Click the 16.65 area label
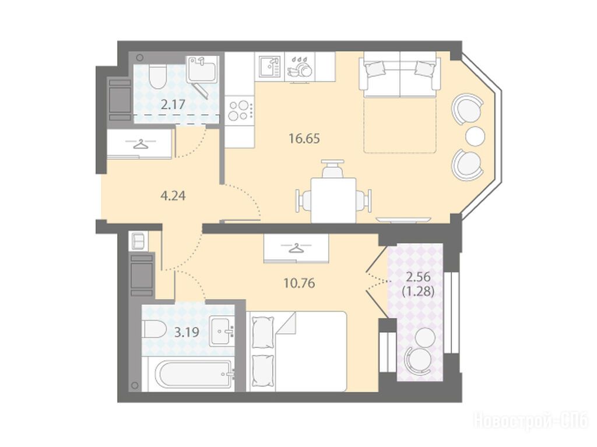304,139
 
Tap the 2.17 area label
173,104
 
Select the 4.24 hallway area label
173,196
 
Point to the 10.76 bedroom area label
299,283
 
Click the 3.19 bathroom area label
187,332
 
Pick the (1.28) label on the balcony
418,292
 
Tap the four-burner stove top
240,110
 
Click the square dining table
333,200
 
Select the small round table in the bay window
475,136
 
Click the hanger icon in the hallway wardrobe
141,145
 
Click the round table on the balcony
424,337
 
